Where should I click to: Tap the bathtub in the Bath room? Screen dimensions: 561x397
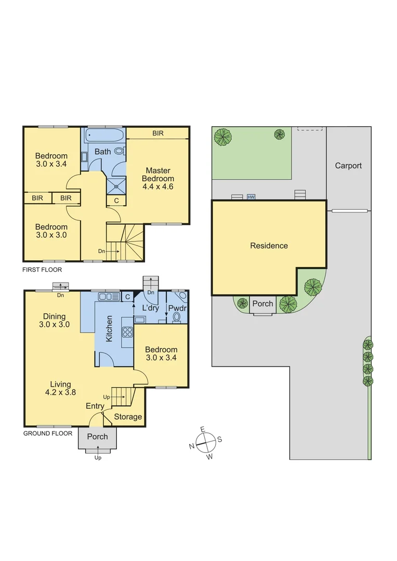tap(104, 136)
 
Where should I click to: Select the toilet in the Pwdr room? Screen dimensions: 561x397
tap(177, 316)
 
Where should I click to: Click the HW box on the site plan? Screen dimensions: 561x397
tap(252, 197)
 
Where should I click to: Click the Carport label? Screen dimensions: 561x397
tap(348, 166)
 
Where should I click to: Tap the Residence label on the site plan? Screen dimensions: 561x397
tap(269, 246)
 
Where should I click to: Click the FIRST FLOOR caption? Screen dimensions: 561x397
tap(42, 270)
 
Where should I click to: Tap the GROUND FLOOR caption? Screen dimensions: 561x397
tap(48, 433)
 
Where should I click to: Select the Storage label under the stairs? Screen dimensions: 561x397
tap(128, 417)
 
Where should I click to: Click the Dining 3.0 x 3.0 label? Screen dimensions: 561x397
tap(55, 320)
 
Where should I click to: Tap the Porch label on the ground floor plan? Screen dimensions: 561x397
tap(97, 436)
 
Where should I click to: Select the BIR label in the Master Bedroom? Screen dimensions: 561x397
tap(158, 133)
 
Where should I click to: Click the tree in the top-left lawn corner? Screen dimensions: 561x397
tap(223, 137)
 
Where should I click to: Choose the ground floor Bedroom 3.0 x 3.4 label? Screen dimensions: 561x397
tap(161, 354)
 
